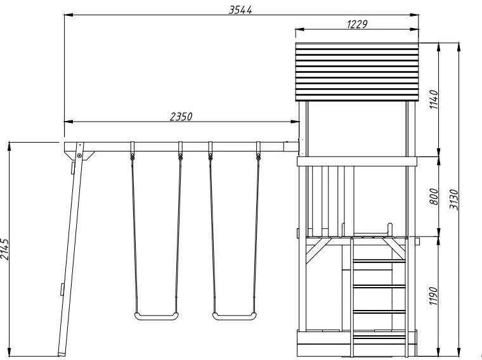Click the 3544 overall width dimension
240,10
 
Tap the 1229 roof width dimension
357,24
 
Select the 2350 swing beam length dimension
181,117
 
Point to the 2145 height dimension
5,249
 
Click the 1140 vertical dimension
434,100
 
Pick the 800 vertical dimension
434,196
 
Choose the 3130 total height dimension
454,200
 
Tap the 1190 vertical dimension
433,296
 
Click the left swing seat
156,316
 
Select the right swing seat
235,316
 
